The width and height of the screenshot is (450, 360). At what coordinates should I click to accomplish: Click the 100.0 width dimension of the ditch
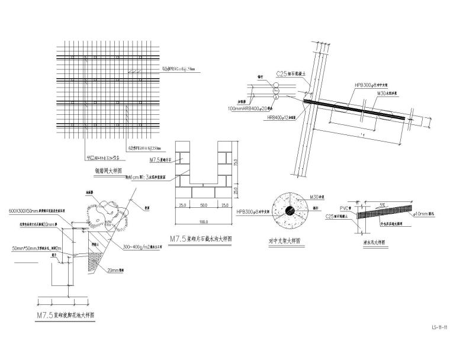point(203,222)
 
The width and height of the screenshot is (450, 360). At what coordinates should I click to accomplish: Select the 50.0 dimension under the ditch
point(203,205)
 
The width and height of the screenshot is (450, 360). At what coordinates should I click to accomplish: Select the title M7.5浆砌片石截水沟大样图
point(201,239)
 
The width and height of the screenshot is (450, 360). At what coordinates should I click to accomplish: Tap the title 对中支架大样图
point(284,242)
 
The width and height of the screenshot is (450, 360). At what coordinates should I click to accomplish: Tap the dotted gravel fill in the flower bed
point(95,260)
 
